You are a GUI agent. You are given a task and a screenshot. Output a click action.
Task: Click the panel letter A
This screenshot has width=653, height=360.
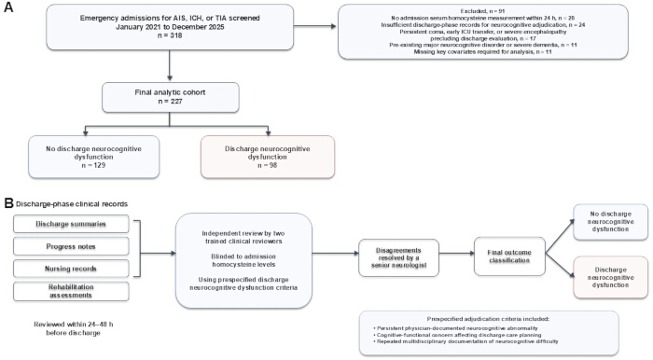tap(8, 7)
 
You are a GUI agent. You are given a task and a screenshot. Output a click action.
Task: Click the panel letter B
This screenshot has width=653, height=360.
tap(8, 203)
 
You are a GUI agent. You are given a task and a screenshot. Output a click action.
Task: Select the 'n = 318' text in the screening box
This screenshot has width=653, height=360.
tap(170, 35)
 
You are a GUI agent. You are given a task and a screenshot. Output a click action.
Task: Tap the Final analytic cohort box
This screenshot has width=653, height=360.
tap(171, 97)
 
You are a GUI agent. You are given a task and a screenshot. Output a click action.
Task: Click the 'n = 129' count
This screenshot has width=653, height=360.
tap(93, 165)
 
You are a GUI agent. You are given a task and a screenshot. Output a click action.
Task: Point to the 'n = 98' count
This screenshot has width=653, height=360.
tap(268, 165)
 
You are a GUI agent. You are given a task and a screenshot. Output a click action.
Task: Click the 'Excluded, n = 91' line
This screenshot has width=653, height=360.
tap(482, 11)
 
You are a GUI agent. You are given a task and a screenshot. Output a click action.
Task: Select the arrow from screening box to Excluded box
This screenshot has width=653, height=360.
tap(315, 27)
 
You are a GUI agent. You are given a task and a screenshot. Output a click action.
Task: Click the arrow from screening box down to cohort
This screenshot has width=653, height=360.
tap(170, 65)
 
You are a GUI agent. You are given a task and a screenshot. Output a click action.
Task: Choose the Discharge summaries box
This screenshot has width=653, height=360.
tap(71, 224)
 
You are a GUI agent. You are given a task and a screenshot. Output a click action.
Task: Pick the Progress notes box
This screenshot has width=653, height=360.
tap(71, 246)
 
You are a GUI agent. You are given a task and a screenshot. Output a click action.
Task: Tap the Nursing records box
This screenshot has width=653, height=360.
tap(71, 269)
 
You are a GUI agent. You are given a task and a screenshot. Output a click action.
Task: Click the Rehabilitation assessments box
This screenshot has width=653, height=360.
tap(71, 291)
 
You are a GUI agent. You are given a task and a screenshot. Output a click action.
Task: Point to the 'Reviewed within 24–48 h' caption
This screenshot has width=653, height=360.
tap(74, 325)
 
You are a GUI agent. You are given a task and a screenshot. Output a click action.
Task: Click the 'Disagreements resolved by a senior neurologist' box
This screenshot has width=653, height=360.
tap(398, 257)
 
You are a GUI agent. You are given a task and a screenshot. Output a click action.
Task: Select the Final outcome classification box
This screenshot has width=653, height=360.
tap(509, 256)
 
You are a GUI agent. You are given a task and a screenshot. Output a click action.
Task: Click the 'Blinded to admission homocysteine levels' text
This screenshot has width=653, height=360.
tap(243, 260)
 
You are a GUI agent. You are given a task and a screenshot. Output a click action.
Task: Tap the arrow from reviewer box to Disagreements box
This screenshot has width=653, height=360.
tap(335, 253)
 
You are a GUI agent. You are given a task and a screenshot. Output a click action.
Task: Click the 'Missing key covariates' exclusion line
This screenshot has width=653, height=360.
tap(482, 51)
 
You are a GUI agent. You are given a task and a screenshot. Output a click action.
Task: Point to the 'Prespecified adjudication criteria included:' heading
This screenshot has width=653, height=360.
tap(489, 319)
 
